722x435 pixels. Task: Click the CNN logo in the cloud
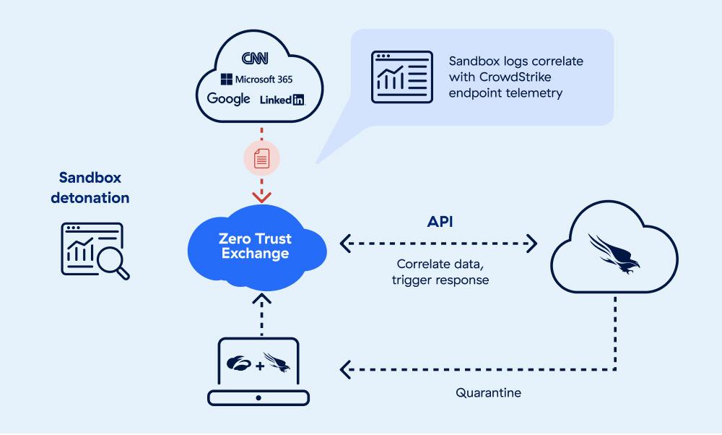point(255,58)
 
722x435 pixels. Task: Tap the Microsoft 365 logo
point(256,79)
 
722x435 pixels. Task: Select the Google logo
point(228,98)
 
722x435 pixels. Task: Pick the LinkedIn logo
point(282,100)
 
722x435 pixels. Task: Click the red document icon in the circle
point(261,158)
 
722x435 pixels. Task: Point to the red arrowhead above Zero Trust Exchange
point(261,197)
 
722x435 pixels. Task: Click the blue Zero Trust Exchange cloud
point(257,247)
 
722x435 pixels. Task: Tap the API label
point(440,222)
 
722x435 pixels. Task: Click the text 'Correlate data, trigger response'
point(440,272)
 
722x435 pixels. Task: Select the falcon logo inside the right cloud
point(614,254)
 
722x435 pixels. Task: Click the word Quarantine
point(489,392)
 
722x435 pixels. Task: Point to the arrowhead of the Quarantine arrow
point(345,369)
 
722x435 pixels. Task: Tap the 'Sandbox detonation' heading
point(90,188)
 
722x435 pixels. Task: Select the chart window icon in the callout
point(402,77)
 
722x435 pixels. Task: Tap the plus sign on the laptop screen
point(260,366)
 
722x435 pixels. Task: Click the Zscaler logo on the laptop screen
point(239,363)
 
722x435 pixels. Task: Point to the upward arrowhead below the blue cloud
point(261,300)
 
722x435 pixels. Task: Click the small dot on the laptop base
point(258,397)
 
